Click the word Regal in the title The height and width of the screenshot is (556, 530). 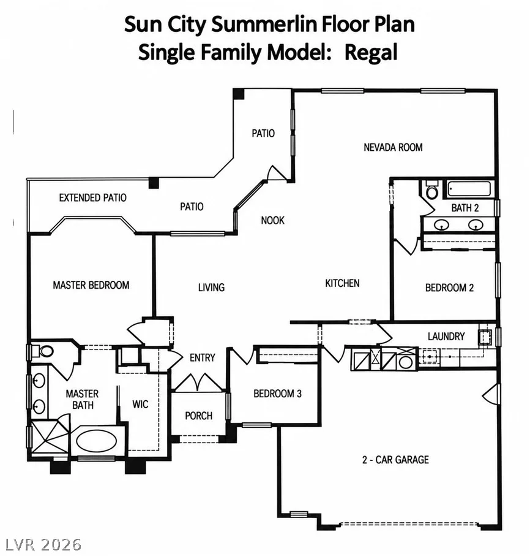(x=371, y=53)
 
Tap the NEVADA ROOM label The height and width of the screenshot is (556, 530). (x=393, y=147)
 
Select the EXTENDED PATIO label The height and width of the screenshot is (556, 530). (x=93, y=197)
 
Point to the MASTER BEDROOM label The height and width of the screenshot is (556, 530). (x=91, y=285)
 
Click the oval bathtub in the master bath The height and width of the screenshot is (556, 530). (x=96, y=440)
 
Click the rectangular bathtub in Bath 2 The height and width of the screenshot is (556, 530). (x=469, y=189)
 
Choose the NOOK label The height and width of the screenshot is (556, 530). (x=272, y=221)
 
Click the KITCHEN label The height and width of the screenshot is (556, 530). (x=342, y=283)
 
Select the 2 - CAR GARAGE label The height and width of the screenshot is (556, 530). (x=395, y=460)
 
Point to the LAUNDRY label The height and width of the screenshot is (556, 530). (x=446, y=336)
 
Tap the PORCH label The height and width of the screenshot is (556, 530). (x=199, y=416)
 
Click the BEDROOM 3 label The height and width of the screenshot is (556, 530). (x=278, y=394)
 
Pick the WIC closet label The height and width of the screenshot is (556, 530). (x=140, y=404)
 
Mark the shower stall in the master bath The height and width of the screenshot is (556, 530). (x=50, y=437)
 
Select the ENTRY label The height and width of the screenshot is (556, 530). (x=202, y=358)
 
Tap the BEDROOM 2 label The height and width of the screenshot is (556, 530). (x=449, y=288)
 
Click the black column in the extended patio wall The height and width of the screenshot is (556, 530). (x=154, y=183)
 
